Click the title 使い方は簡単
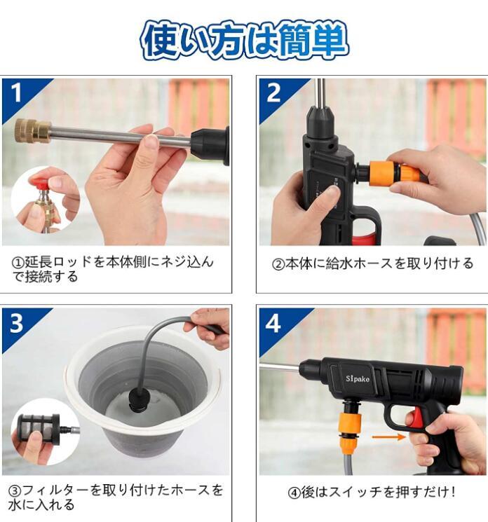tap(244, 40)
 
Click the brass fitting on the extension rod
tap(33, 130)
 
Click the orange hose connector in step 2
tap(394, 172)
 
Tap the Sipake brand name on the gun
tap(357, 378)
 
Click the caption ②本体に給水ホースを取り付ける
tap(372, 263)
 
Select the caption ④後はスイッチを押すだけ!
tap(372, 492)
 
